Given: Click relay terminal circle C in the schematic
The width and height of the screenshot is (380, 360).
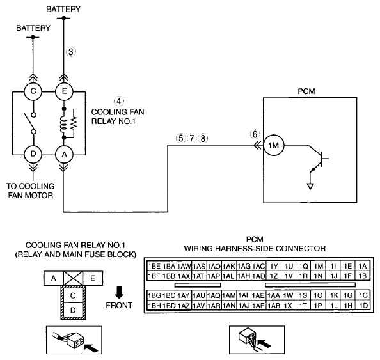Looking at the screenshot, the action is pos(33,91).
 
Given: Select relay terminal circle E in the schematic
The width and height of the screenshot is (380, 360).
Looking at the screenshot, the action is pos(64,91).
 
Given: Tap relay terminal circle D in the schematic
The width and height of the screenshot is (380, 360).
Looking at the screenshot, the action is pos(33,154).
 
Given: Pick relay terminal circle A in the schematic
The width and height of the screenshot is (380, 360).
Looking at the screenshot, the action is pos(64,154).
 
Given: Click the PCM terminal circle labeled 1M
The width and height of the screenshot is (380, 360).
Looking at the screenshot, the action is pos(274,145).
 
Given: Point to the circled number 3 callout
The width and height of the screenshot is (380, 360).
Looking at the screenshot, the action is pos(71,52).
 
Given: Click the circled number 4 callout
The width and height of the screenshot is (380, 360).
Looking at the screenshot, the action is pos(118,101).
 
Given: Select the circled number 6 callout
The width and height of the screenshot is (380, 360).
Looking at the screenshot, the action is pos(255,134).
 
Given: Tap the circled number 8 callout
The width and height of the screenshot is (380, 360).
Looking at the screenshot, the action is pos(203,138).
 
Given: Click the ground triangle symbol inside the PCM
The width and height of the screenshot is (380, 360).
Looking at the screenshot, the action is pos(310,186).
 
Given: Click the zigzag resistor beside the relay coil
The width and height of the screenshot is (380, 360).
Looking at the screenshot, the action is pos(74,123).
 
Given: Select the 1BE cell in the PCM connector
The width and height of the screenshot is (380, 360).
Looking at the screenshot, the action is pos(154,266).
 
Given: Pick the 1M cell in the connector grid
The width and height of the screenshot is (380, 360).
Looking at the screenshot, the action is pos(318,266).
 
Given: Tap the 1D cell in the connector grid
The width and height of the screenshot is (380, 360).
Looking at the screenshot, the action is pos(363,306).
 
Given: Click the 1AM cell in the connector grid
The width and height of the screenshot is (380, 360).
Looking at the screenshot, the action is pos(229,295).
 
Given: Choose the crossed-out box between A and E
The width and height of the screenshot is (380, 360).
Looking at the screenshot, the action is pos(73,278).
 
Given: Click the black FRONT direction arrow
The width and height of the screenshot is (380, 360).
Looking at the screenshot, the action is pos(119,292).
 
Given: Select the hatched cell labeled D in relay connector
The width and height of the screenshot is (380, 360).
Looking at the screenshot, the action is pos(73,310).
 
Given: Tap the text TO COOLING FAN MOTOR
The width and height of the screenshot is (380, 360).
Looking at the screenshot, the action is pos(31,191).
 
